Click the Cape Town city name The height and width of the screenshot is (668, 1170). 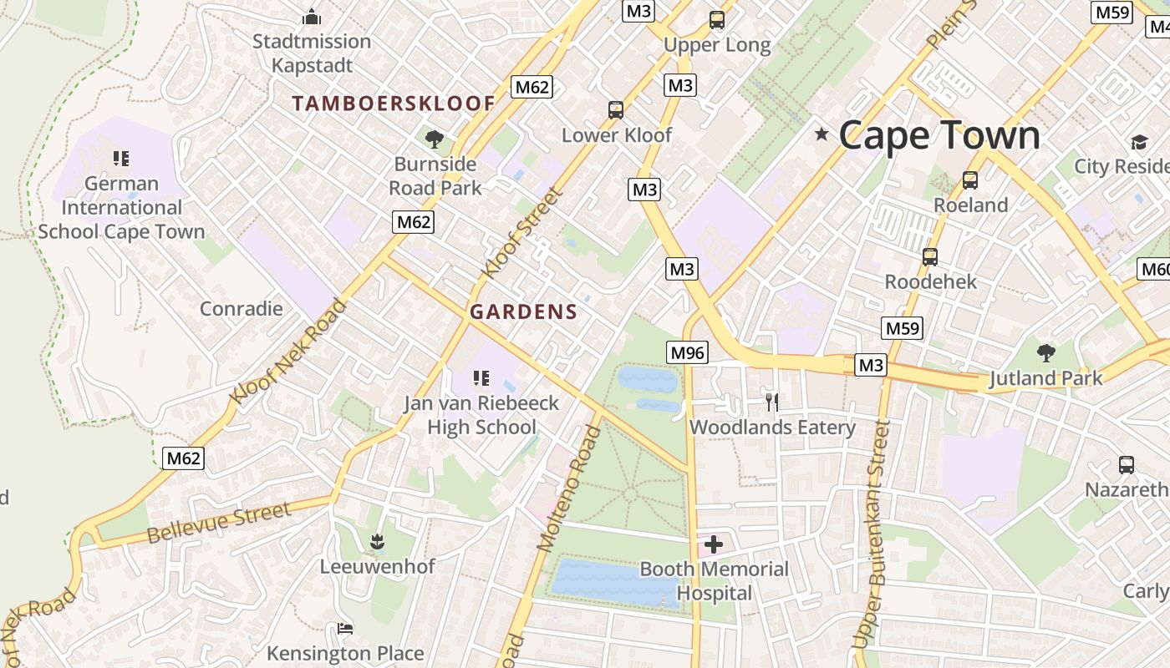pyautogui.click(x=939, y=135)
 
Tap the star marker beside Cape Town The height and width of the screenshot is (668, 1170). pyautogui.click(x=822, y=134)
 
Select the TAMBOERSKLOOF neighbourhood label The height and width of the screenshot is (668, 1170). pyautogui.click(x=394, y=104)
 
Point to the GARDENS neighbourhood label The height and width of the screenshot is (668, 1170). pyautogui.click(x=523, y=312)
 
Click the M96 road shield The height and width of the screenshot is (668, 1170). pyautogui.click(x=687, y=352)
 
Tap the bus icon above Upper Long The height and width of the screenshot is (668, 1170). pyautogui.click(x=716, y=20)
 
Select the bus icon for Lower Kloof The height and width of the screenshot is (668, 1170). pyautogui.click(x=616, y=110)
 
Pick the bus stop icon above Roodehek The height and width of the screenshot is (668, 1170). pyautogui.click(x=930, y=257)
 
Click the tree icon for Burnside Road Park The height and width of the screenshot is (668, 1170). pyautogui.click(x=434, y=139)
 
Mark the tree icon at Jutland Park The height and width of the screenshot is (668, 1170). pyautogui.click(x=1045, y=352)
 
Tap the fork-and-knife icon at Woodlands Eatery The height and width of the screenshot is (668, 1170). pyautogui.click(x=771, y=402)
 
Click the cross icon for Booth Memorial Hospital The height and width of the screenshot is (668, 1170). pyautogui.click(x=714, y=545)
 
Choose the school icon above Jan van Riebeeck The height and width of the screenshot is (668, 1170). pyautogui.click(x=481, y=378)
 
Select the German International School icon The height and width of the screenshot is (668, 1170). pyautogui.click(x=121, y=158)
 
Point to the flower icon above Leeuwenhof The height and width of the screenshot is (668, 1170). pyautogui.click(x=377, y=541)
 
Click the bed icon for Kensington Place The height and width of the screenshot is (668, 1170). pyautogui.click(x=344, y=628)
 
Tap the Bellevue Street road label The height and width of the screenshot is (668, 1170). pyautogui.click(x=219, y=522)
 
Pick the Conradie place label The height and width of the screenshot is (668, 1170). pyautogui.click(x=241, y=308)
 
